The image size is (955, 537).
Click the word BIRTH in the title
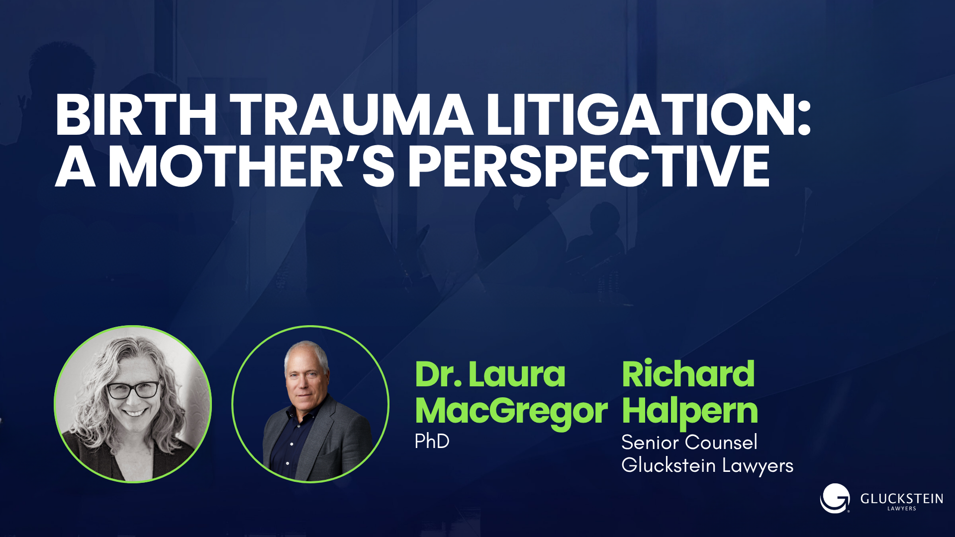[136, 115]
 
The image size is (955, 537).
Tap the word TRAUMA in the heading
[352, 115]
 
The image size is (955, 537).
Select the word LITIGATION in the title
[639, 115]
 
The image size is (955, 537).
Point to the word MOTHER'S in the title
[251, 167]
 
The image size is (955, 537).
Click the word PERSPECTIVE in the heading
[589, 167]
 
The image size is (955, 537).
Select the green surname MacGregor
[511, 412]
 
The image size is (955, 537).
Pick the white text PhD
[432, 442]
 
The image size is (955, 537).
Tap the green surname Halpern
[689, 412]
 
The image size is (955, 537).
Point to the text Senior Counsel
[689, 443]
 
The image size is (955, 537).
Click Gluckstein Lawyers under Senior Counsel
[707, 465]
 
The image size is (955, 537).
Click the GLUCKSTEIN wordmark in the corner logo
[901, 499]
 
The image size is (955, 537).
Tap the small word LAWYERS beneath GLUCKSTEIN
[901, 509]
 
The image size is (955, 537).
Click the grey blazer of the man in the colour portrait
[338, 438]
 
